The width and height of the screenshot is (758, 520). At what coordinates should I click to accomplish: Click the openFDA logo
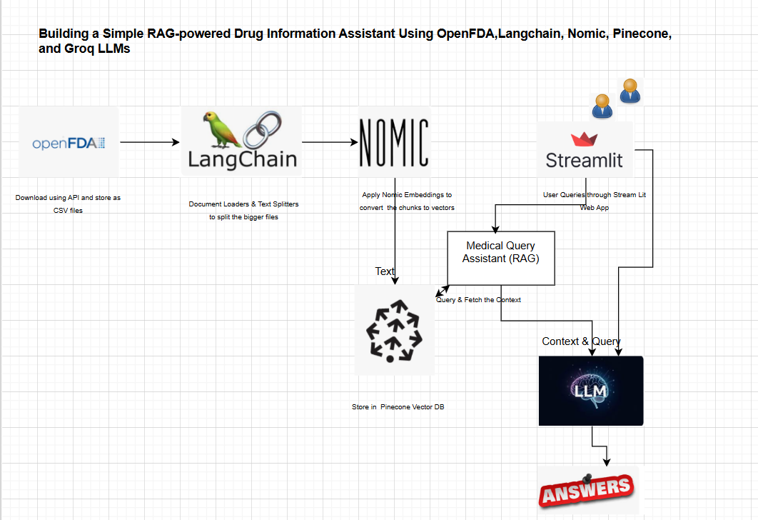coord(69,144)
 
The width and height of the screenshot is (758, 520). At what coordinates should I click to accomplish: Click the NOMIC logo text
coord(394,143)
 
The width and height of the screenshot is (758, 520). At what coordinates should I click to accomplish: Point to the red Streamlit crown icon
coord(584,139)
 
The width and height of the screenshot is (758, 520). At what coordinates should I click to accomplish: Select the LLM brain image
coord(591,391)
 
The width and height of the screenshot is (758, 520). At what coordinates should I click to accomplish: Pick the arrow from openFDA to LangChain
coord(150,142)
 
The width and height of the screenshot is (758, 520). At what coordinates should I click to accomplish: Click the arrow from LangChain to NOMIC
coord(330,142)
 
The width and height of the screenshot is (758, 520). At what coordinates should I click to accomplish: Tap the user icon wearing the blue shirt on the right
coord(629,91)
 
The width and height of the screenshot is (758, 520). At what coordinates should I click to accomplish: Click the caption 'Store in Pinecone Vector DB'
coord(398,406)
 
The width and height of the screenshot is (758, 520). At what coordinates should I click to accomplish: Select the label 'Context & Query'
coord(581,341)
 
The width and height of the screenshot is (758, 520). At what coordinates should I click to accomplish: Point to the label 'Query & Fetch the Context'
coord(479,300)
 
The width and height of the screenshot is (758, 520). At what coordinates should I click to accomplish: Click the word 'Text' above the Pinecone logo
coord(385,271)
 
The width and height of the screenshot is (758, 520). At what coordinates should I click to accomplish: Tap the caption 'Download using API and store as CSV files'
coord(68,204)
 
